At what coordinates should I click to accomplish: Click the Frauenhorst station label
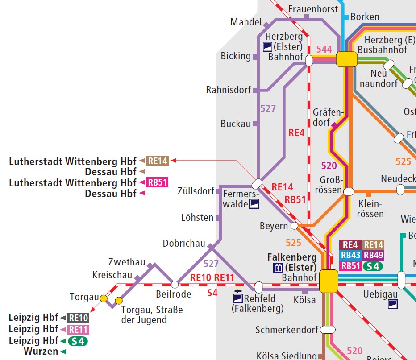pos(313,9)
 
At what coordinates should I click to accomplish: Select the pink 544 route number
pos(324,49)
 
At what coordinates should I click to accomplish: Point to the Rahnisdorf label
pos(229,90)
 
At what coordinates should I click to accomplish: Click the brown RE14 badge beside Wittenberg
pos(158,161)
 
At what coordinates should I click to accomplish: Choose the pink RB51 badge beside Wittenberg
pos(158,183)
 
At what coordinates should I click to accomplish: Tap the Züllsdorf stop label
pos(196,192)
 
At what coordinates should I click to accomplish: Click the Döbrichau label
pos(184,244)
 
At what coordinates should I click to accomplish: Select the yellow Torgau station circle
pos(104,298)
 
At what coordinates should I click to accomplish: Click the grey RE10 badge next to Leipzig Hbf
pos(79,318)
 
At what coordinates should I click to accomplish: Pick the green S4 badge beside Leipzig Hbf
pos(78,341)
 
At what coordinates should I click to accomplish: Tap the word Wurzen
pos(41,352)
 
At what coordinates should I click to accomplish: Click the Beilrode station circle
pos(175,284)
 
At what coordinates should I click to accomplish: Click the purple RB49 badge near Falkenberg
pos(373,255)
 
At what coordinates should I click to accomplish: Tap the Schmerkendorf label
pos(287,330)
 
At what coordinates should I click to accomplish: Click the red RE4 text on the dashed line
pos(296,132)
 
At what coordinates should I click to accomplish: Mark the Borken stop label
pos(365,17)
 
